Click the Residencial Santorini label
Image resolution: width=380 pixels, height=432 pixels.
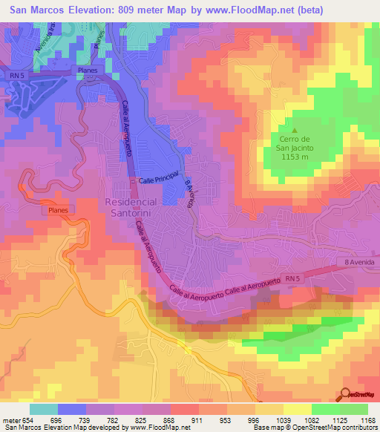(131, 207)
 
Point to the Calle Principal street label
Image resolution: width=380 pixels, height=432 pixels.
(160, 180)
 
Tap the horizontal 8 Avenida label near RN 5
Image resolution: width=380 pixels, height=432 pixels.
(361, 262)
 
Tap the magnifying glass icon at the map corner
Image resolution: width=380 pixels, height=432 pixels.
(345, 395)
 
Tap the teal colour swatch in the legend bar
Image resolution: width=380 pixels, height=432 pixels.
(44, 409)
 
